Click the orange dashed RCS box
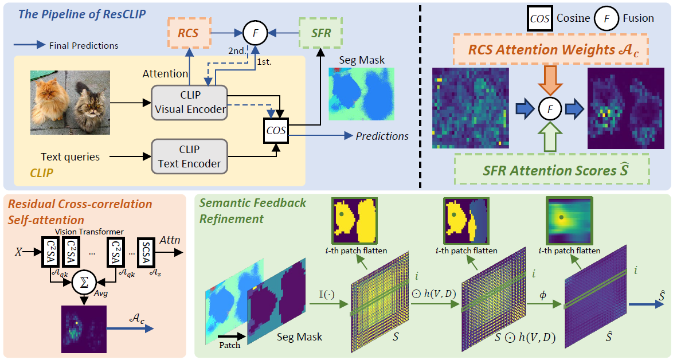188,33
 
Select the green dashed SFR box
321,33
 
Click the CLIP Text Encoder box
189,156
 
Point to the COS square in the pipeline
275,131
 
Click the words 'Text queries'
70,156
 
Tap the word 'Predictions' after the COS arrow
382,136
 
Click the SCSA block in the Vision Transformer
146,253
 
